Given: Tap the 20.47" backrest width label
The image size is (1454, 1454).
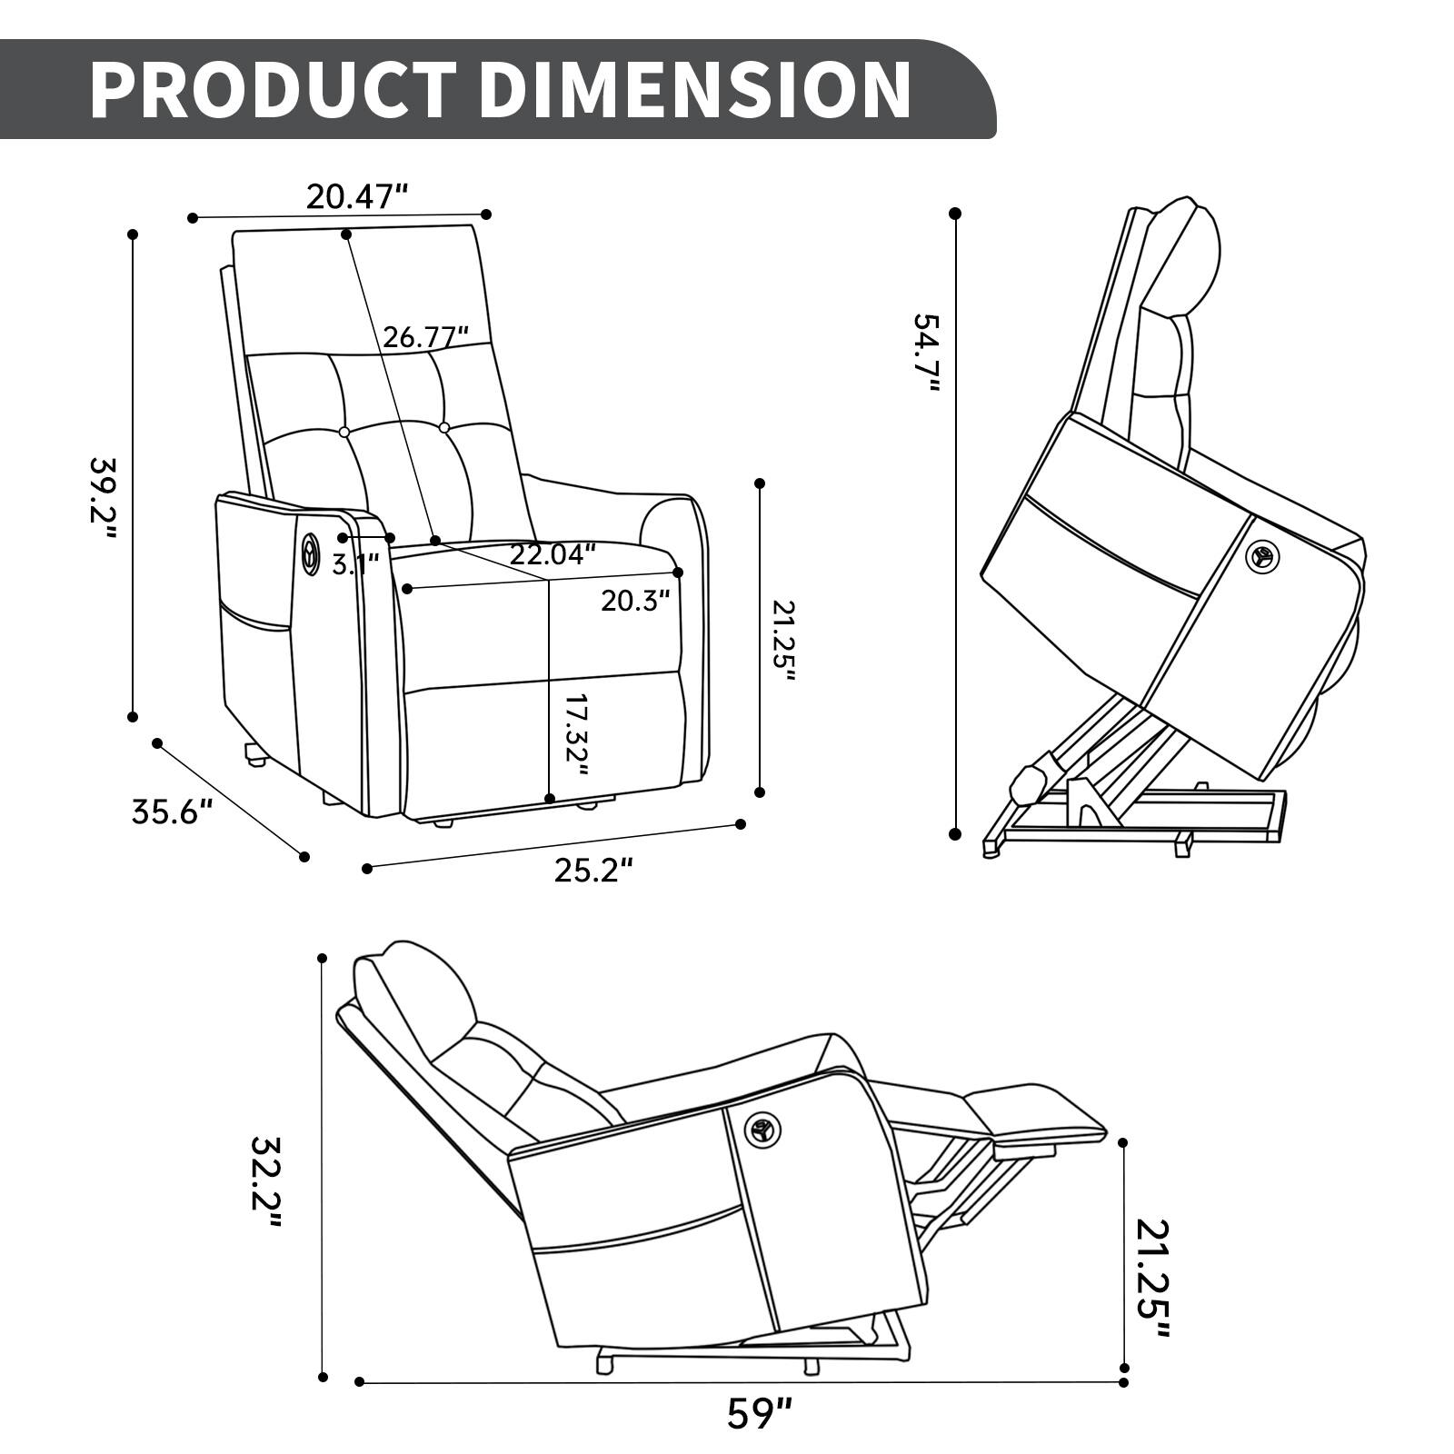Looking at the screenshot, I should [x=356, y=196].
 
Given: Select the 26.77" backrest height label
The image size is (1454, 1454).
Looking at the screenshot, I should [x=425, y=337].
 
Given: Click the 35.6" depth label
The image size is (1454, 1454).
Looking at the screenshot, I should [x=173, y=811].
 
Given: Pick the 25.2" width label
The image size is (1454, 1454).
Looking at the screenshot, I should [x=593, y=871].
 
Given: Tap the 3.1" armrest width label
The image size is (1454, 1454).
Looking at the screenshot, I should [x=354, y=565].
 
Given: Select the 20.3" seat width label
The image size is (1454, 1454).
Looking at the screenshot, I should [x=635, y=600].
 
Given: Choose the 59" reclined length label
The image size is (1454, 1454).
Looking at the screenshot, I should [x=760, y=1414].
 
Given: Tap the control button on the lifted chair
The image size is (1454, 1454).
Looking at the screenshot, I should [x=1261, y=554].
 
